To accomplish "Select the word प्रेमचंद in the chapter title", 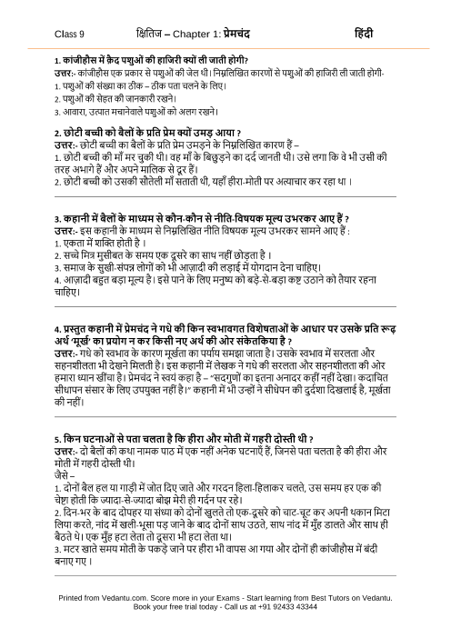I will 264,32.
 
